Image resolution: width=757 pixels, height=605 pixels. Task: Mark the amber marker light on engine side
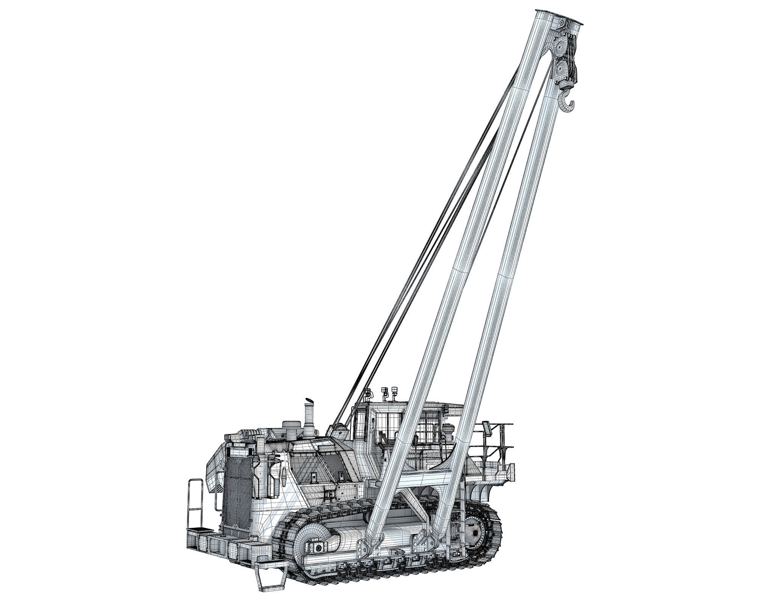click(284, 490)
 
